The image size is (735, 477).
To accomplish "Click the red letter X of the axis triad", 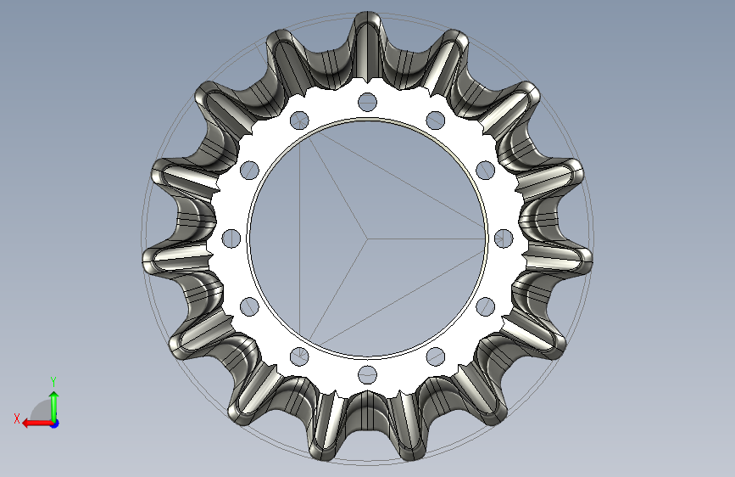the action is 17,418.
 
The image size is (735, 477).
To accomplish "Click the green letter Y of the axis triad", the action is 53,381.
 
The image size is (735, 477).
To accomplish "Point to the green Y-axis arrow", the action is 54,407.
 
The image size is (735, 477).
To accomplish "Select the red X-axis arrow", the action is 37,424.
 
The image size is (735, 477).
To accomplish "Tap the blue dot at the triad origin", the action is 55,424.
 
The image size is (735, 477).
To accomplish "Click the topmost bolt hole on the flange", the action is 368,102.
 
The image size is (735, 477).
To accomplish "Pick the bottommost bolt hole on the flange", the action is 368,374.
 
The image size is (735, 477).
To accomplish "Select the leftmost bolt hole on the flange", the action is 231,238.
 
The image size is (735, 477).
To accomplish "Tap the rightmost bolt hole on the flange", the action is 504,238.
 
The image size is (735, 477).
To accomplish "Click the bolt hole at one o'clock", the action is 436,121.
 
